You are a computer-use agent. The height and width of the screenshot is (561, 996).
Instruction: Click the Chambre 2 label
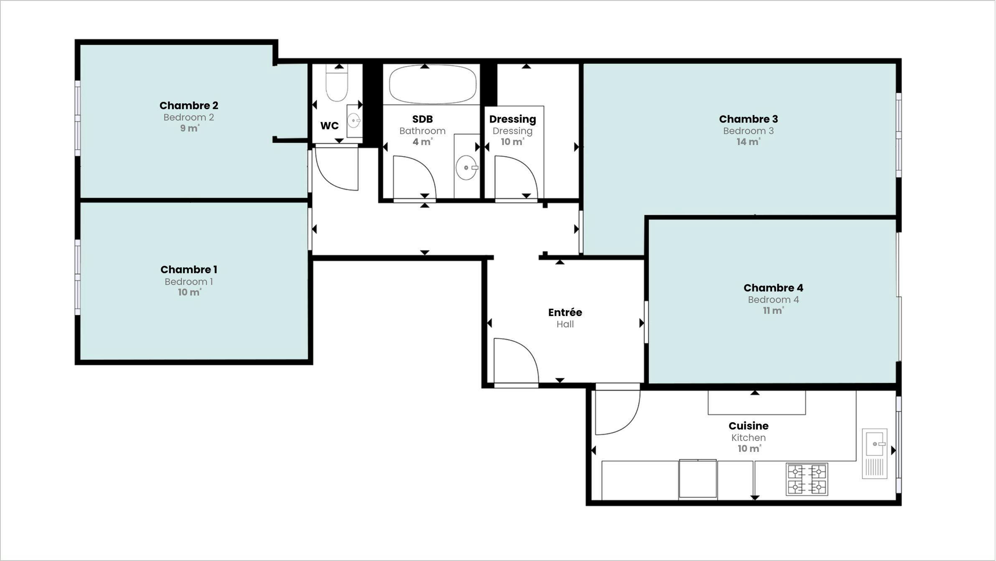188,105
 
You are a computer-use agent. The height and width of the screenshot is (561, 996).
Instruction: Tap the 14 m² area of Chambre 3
748,142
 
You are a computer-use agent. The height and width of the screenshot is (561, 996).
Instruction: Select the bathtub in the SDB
432,84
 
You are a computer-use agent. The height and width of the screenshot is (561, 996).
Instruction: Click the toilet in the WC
337,86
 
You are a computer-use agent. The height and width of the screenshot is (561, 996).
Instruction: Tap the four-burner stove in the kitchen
806,479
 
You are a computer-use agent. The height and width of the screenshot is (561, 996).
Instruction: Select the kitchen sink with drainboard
874,454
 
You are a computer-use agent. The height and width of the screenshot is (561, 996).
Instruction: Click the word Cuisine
748,426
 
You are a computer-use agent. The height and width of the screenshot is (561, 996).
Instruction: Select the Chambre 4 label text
773,288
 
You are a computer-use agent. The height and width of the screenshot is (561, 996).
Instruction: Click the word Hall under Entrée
565,324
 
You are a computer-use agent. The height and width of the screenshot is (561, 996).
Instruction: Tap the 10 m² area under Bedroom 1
189,292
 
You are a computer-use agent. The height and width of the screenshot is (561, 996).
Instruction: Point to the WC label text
329,125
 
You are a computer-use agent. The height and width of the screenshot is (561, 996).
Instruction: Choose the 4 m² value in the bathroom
422,142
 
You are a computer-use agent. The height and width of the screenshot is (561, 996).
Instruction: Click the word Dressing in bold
512,119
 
